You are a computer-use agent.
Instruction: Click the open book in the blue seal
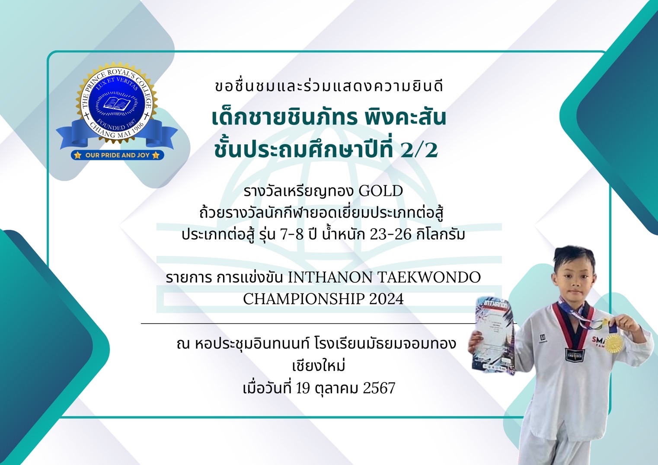click(x=117, y=104)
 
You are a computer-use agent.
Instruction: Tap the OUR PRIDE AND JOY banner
click(x=117, y=155)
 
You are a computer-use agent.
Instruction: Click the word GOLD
click(x=381, y=191)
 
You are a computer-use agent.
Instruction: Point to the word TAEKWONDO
click(x=429, y=277)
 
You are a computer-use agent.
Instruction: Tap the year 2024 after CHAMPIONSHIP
click(x=386, y=299)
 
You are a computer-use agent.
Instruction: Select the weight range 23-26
click(x=390, y=235)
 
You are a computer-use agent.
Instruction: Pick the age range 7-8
click(x=292, y=235)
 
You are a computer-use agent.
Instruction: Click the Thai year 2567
click(x=379, y=388)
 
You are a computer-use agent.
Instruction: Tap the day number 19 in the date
click(x=303, y=388)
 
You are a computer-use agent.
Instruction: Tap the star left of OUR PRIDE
click(x=78, y=155)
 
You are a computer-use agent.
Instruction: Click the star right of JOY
click(x=156, y=155)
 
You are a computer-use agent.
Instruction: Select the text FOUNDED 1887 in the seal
click(x=117, y=125)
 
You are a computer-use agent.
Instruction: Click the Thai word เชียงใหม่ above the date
click(x=319, y=366)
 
